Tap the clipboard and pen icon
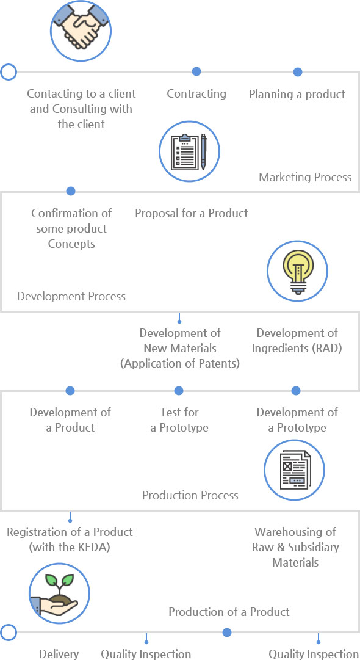point(189,151)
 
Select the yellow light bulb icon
point(297,270)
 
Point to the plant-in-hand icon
point(59,593)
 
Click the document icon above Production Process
point(294,470)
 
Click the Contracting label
point(196,94)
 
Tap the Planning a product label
point(297,94)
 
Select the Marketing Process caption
point(305,177)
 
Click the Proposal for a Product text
point(192,214)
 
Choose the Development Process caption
point(71,296)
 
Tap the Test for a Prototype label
point(179,420)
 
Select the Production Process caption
point(190,495)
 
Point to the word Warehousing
point(295,532)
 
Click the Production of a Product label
point(229,612)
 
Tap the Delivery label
point(59,654)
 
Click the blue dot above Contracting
point(196,71)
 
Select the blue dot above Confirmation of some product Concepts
point(71,191)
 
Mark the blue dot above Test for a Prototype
point(179,391)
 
